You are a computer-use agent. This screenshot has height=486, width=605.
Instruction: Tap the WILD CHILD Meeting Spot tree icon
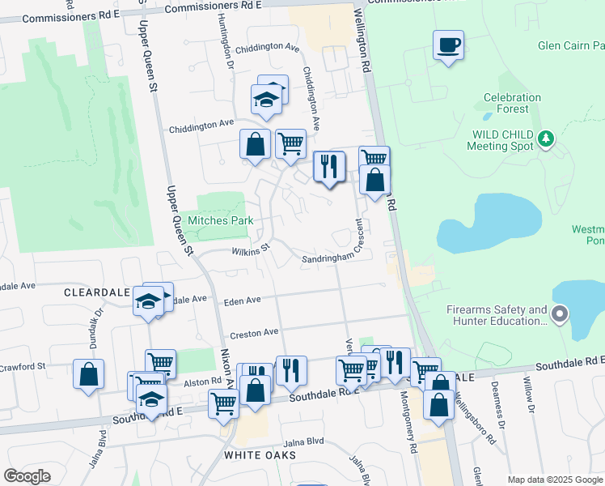[x=547, y=139]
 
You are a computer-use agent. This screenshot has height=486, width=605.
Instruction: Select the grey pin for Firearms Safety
[x=560, y=313]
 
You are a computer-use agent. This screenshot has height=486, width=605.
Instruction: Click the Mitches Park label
[x=221, y=220]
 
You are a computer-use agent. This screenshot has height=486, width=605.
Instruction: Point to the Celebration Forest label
[x=512, y=103]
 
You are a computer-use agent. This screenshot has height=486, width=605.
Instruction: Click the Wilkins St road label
[x=250, y=252]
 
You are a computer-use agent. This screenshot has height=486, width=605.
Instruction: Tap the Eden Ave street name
[x=243, y=301]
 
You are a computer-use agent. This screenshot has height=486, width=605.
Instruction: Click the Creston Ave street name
[x=254, y=332]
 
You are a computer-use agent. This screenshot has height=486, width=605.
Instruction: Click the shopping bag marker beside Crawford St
[x=88, y=374]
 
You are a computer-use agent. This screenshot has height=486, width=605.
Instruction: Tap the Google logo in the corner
[x=27, y=476]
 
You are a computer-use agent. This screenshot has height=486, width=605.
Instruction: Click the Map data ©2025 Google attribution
[x=555, y=480]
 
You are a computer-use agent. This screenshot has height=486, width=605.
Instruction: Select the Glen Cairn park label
[x=571, y=45]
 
